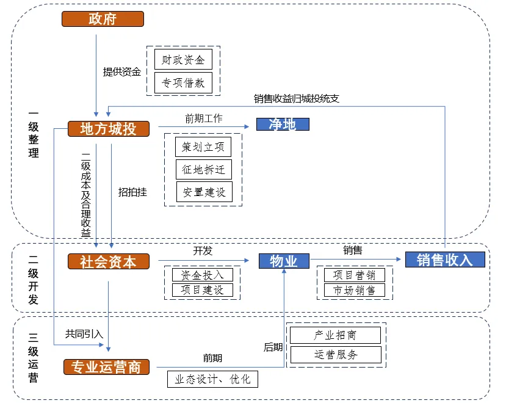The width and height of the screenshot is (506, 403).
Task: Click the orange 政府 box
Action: pyautogui.click(x=103, y=19)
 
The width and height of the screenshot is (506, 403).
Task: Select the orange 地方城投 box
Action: pyautogui.click(x=109, y=129)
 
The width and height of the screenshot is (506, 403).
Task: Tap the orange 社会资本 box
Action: pyautogui.click(x=109, y=261)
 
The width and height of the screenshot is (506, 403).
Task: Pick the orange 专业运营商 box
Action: pyautogui.click(x=106, y=367)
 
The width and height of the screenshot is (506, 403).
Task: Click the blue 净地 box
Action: pyautogui.click(x=283, y=125)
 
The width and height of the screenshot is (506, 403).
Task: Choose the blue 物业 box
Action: pyautogui.click(x=284, y=261)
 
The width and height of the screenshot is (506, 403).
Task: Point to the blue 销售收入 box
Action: pyautogui.click(x=445, y=260)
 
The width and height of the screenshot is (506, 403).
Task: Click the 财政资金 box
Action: pyautogui.click(x=183, y=59)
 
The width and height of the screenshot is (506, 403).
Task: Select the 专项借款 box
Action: pyautogui.click(x=183, y=83)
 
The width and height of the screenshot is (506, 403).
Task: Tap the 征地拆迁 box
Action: pyautogui.click(x=204, y=170)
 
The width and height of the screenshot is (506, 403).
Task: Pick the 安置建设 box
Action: pyautogui.click(x=204, y=192)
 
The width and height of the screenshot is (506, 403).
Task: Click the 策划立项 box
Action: pyautogui.click(x=203, y=147)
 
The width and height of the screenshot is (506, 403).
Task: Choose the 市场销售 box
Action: pyautogui.click(x=355, y=290)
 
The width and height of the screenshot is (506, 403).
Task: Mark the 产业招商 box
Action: pyautogui.click(x=335, y=335)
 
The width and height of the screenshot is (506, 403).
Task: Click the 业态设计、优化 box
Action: pyautogui.click(x=212, y=379)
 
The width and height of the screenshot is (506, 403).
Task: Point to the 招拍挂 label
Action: pyautogui.click(x=132, y=192)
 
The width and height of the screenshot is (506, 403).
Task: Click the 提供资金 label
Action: pyautogui.click(x=122, y=71)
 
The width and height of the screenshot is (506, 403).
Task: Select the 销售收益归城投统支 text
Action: pyautogui.click(x=296, y=98)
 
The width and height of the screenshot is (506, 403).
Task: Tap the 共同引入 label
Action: pyautogui.click(x=84, y=334)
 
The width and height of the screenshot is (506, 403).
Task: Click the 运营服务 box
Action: pyautogui.click(x=336, y=355)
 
